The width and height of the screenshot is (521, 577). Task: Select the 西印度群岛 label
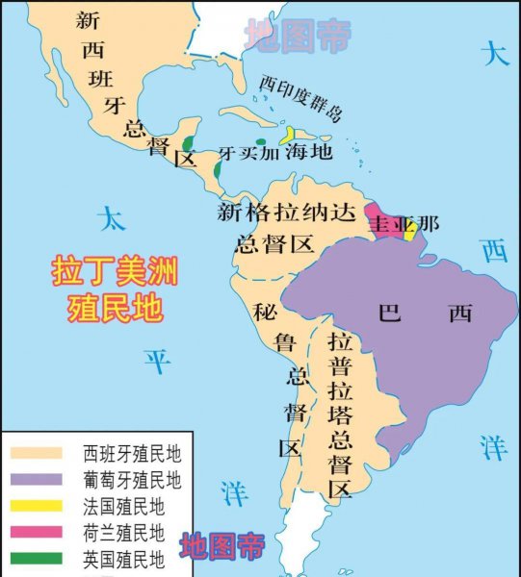pos(300,98)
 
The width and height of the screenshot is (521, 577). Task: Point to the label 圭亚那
pos(404,224)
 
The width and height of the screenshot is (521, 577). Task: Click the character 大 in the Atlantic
pos(495,54)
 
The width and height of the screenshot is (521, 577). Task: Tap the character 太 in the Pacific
pos(115,219)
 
